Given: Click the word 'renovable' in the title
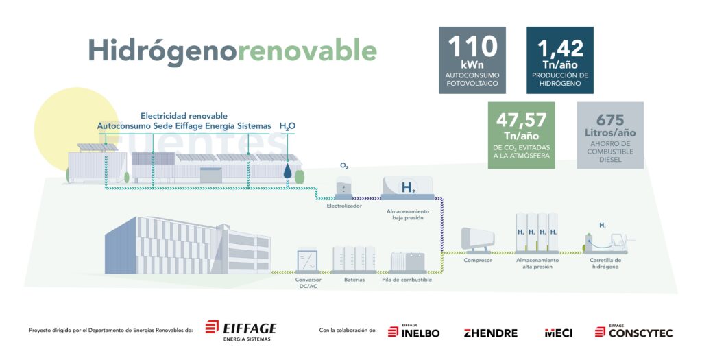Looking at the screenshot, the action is pyautogui.click(x=306, y=50).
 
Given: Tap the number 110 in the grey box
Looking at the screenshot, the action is pyautogui.click(x=472, y=46).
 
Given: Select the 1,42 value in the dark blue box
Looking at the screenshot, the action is pyautogui.click(x=560, y=49).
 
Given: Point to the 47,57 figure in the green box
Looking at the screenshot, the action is pyautogui.click(x=521, y=120).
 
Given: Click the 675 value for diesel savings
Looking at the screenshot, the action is pyautogui.click(x=609, y=119).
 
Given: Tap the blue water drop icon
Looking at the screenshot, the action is pyautogui.click(x=287, y=171).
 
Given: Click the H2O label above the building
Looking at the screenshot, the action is pyautogui.click(x=287, y=126).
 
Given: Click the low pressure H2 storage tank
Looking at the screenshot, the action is pyautogui.click(x=407, y=188).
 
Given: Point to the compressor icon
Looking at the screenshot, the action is pyautogui.click(x=478, y=241).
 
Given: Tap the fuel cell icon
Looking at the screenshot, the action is pyautogui.click(x=407, y=263).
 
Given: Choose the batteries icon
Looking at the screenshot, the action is pyautogui.click(x=354, y=259).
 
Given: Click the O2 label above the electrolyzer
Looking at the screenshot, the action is pyautogui.click(x=344, y=166).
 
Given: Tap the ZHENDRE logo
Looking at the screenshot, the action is pyautogui.click(x=491, y=333).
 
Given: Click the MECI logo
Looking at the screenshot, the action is pyautogui.click(x=558, y=333).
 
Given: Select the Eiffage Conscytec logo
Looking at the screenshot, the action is pyautogui.click(x=633, y=332).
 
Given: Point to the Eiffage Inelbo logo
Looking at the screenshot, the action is pyautogui.click(x=413, y=332).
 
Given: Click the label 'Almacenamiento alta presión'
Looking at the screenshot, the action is pyautogui.click(x=537, y=263).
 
